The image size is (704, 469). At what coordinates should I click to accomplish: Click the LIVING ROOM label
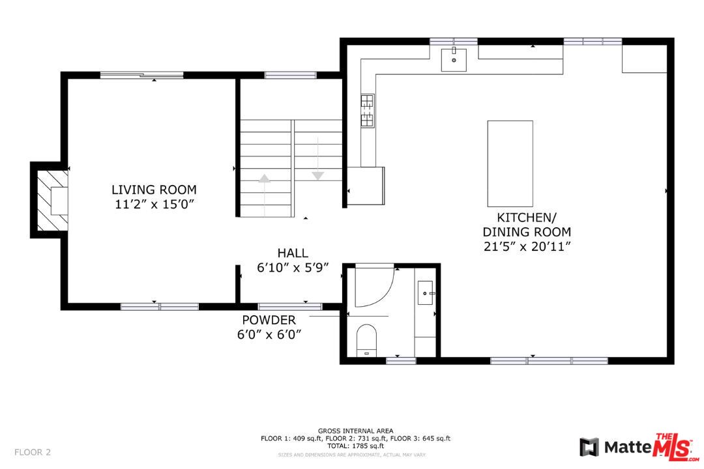coord(154,190)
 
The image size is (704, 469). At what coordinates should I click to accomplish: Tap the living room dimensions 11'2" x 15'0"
coord(154,205)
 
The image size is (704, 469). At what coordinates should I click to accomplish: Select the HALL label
coord(293,253)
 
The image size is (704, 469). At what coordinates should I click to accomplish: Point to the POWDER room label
coord(269,320)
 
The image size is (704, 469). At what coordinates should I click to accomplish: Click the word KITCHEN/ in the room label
coord(527,218)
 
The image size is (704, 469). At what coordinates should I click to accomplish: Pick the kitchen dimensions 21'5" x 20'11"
coord(527,246)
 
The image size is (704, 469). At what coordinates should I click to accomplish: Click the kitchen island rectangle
coord(510,163)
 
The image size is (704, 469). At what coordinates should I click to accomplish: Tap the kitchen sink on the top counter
coord(454,59)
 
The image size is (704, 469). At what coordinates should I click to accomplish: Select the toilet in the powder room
coord(366,341)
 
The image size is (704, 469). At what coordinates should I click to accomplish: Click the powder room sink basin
coord(425,293)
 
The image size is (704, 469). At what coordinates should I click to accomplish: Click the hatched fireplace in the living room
coord(53,200)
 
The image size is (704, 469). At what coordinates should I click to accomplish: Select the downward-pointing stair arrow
coord(318,159)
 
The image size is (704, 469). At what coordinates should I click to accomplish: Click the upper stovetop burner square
coord(367,100)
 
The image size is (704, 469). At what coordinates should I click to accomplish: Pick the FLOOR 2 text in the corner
coord(33,452)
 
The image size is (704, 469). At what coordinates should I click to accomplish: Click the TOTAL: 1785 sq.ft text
coord(356,446)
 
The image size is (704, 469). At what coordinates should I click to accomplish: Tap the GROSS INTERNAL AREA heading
coord(356,431)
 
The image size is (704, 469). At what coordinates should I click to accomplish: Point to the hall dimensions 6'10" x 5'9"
coord(293,268)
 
